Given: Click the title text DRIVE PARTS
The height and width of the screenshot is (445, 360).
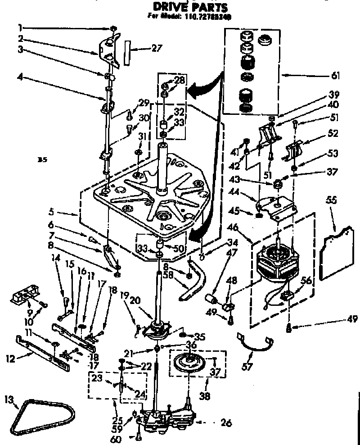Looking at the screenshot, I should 190,7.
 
